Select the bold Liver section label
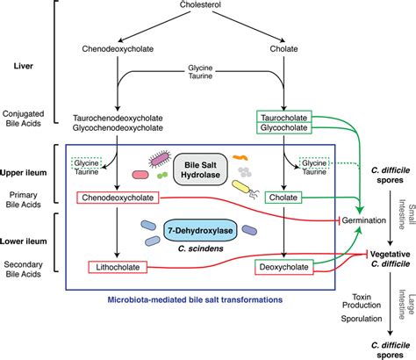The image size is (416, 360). pyautogui.click(x=31, y=67)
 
